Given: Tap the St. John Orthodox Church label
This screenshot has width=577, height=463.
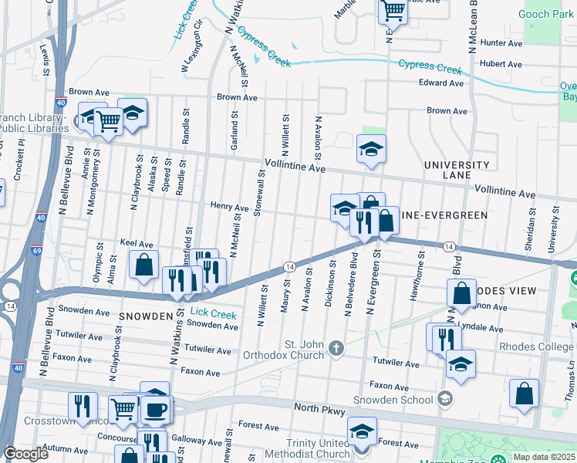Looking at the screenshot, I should [285, 350].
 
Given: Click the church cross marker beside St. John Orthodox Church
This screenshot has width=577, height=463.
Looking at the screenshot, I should [336, 349].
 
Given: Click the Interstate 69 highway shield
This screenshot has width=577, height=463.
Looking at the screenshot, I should [36, 250].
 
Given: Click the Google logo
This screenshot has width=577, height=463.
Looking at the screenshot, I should [25, 454].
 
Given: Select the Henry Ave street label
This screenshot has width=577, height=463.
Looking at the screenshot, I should [229, 208].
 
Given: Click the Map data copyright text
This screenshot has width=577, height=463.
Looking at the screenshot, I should [542, 457].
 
